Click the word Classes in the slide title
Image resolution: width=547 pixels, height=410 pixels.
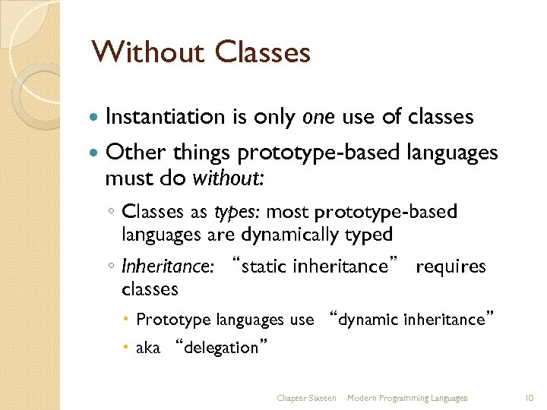point(262,52)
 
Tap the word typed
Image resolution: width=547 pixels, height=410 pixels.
point(368,235)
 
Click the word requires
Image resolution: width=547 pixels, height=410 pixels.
point(451,266)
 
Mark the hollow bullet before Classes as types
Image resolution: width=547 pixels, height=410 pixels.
point(111,211)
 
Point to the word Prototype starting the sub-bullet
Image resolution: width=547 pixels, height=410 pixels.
point(174,320)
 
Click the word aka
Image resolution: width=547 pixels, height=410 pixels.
point(147,348)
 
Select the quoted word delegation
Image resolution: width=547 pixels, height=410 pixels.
point(221,348)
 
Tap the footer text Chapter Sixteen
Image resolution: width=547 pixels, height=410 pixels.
point(306,398)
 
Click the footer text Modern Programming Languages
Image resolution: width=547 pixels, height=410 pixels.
point(407,398)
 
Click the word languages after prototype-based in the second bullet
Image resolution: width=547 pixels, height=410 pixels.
point(451,153)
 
